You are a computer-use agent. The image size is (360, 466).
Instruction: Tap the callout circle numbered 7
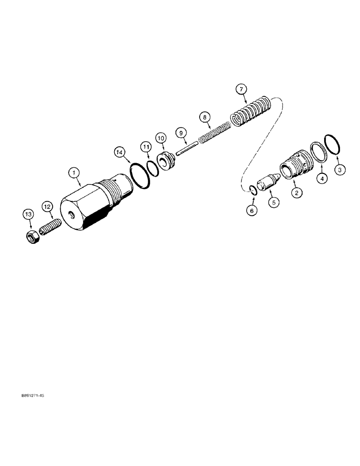241,89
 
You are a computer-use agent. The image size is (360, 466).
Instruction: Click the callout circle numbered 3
340,170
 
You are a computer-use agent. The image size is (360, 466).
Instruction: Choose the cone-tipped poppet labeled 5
270,181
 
